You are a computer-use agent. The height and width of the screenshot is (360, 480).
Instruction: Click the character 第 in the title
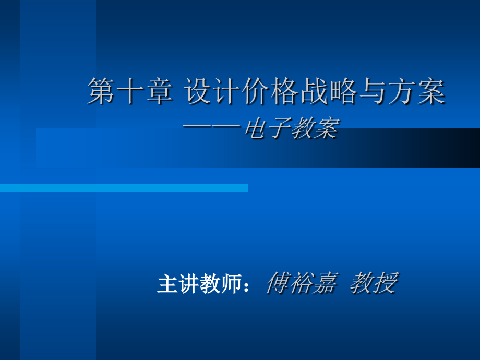pyautogui.click(x=101, y=91)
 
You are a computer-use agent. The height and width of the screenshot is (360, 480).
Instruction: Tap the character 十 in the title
pyautogui.click(x=130, y=91)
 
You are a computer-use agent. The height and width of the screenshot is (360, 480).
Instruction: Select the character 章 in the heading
pyautogui.click(x=159, y=91)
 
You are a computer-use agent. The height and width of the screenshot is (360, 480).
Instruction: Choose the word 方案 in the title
pyautogui.click(x=417, y=91)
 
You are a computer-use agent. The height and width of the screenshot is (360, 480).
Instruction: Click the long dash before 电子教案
pyautogui.click(x=211, y=126)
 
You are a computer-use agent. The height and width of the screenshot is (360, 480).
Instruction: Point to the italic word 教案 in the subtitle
pyautogui.click(x=315, y=128)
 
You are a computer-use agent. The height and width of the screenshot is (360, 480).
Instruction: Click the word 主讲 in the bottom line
pyautogui.click(x=178, y=283)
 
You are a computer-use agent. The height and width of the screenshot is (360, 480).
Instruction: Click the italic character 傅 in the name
pyautogui.click(x=278, y=283)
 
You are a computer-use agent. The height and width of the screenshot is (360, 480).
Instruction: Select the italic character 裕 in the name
pyautogui.click(x=302, y=283)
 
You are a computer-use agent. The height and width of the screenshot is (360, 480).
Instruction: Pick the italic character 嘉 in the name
pyautogui.click(x=326, y=283)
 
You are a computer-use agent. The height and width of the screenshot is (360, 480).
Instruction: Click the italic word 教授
pyautogui.click(x=374, y=283)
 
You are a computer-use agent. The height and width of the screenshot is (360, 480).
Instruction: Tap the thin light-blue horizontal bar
pyautogui.click(x=124, y=188)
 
